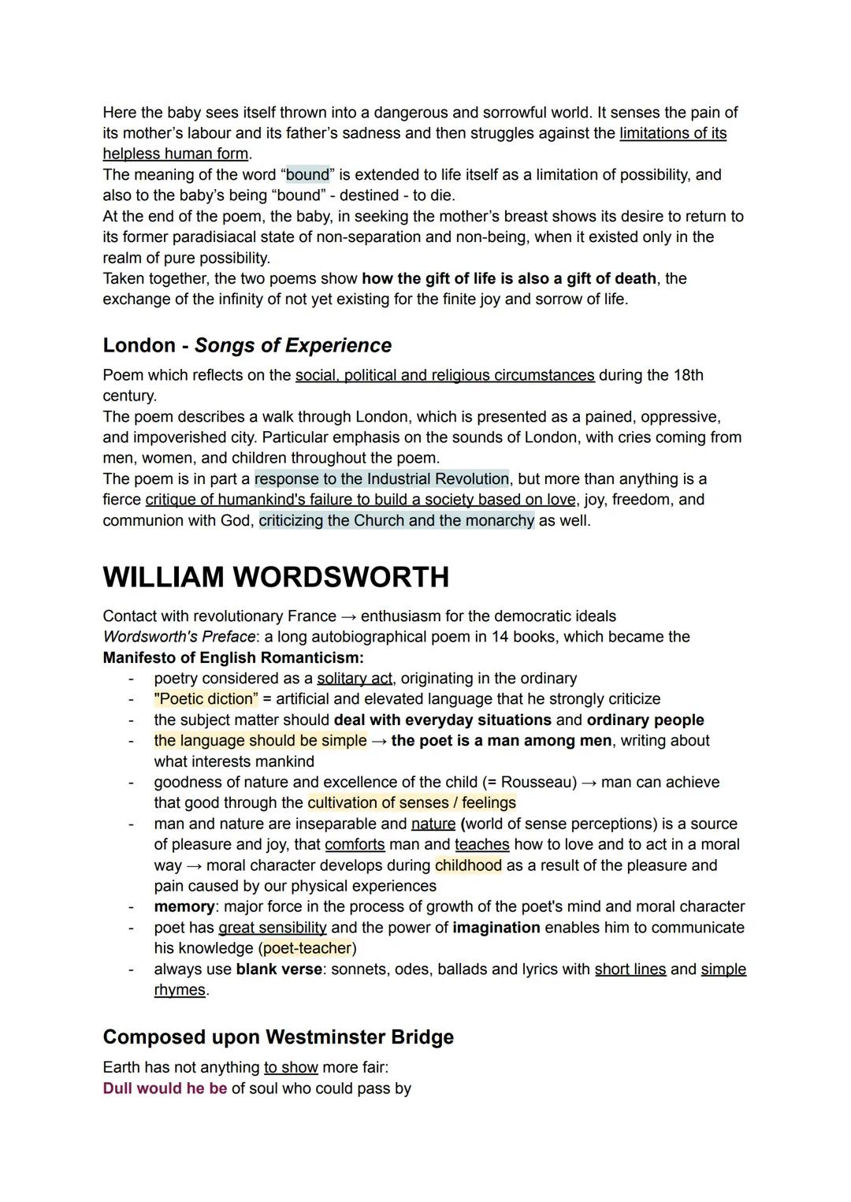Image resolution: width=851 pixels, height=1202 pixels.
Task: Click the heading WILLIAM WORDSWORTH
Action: click(x=276, y=577)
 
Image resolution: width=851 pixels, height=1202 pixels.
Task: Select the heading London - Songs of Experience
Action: click(x=247, y=345)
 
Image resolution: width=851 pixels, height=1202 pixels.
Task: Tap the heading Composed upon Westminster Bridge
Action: click(x=278, y=1036)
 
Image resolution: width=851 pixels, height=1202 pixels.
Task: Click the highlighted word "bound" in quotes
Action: click(x=307, y=174)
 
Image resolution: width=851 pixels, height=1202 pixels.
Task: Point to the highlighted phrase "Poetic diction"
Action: click(x=206, y=699)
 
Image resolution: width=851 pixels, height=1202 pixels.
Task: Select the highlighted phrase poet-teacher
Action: click(x=307, y=948)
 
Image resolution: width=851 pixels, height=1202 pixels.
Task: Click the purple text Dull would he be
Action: click(x=165, y=1088)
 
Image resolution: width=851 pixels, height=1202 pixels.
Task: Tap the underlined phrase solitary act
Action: click(x=354, y=679)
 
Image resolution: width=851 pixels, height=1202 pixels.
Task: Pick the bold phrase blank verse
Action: click(x=279, y=969)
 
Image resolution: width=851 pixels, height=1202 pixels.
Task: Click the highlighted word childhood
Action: click(x=468, y=865)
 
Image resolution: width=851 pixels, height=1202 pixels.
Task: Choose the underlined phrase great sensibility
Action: click(x=272, y=928)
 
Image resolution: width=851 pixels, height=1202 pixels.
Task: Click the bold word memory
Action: click(x=184, y=906)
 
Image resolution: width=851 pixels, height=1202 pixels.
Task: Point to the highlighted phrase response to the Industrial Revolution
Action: click(x=381, y=479)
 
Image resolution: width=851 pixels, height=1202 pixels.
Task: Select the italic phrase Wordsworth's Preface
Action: click(x=179, y=637)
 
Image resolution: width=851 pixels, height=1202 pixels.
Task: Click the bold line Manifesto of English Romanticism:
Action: click(x=233, y=657)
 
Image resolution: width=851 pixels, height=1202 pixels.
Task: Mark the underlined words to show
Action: click(x=291, y=1068)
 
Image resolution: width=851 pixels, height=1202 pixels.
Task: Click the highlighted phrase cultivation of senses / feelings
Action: click(x=411, y=803)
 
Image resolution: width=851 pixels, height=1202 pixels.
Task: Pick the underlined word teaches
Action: click(x=481, y=845)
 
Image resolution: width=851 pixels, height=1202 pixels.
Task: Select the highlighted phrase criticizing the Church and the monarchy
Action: click(x=396, y=521)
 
